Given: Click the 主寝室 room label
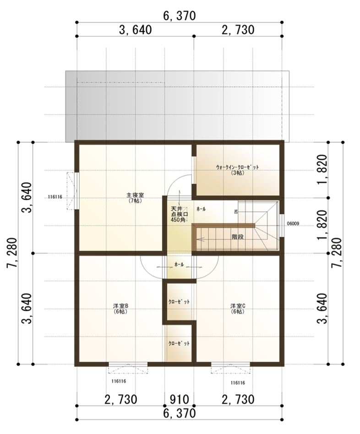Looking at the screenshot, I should tap(134, 198).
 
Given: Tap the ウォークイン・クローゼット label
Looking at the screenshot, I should tap(237, 169).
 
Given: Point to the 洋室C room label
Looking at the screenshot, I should tap(238, 308).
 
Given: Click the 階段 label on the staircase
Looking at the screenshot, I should tap(237, 238).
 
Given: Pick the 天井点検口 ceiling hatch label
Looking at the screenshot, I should tap(176, 214).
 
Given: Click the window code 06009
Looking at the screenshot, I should tap(293, 224).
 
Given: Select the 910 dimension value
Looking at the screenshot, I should tap(179, 399).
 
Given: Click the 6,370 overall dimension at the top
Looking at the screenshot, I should tap(179, 16).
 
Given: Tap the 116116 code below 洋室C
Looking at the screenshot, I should tap(238, 383).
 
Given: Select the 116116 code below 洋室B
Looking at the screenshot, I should tap(119, 381).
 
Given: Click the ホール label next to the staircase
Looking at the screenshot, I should tap(201, 209).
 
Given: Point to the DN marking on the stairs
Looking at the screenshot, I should tap(236, 212).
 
